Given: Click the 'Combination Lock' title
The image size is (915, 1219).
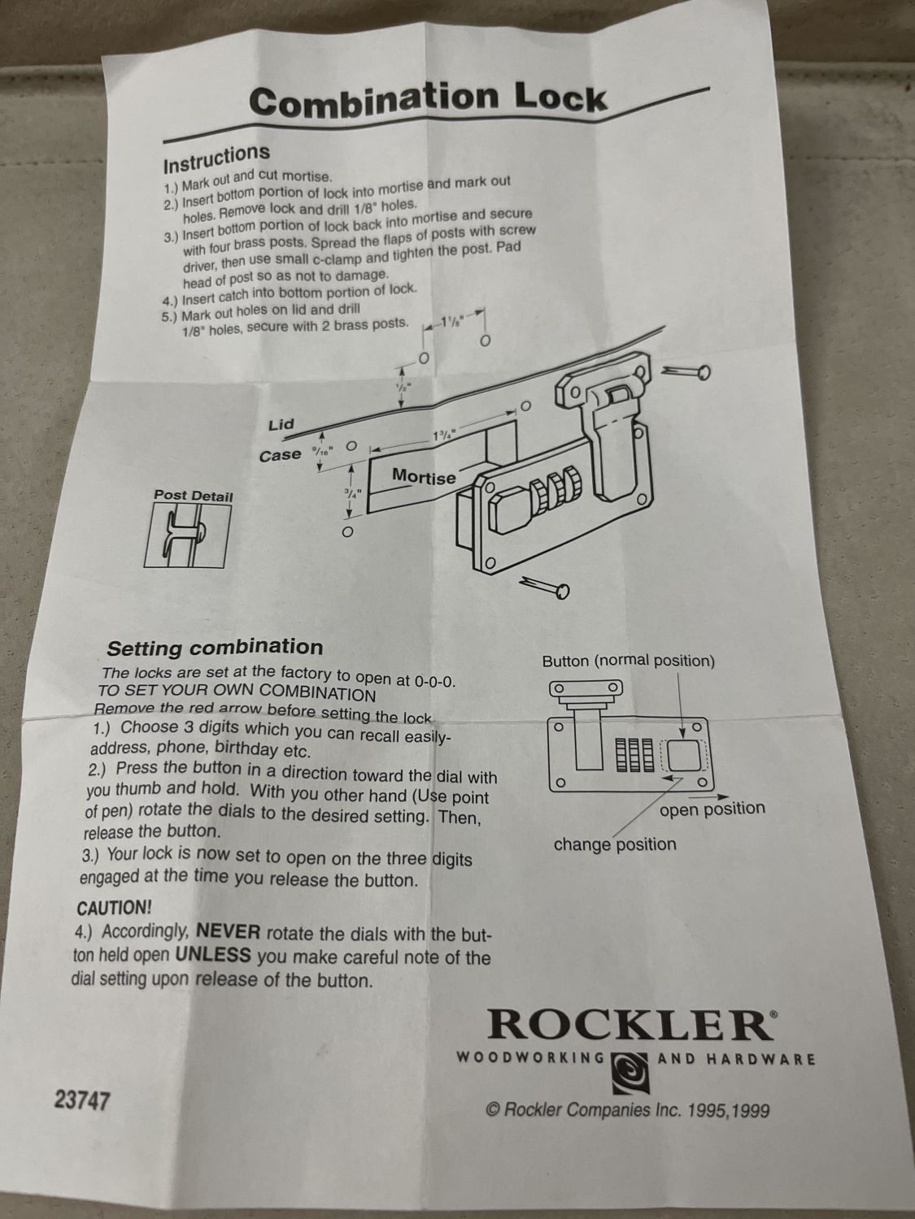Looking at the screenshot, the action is pyautogui.click(x=429, y=100).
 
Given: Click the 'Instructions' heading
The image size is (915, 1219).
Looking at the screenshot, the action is pyautogui.click(x=216, y=158).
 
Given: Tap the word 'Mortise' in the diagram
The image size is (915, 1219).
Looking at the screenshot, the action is pyautogui.click(x=424, y=477).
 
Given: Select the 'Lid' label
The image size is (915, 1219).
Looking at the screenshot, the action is pyautogui.click(x=281, y=425).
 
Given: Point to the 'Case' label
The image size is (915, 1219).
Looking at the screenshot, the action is pyautogui.click(x=280, y=455).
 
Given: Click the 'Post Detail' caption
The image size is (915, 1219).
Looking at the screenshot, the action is pyautogui.click(x=194, y=496).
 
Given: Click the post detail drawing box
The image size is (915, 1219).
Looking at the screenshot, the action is pyautogui.click(x=188, y=536).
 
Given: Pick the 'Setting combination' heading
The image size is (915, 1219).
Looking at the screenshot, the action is pyautogui.click(x=215, y=648).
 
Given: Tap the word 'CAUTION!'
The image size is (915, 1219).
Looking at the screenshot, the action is pyautogui.click(x=114, y=909).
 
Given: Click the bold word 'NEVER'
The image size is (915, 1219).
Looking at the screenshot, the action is pyautogui.click(x=229, y=931).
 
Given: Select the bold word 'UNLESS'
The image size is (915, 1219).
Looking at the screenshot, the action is pyautogui.click(x=213, y=955).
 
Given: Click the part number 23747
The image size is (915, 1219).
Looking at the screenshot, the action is pyautogui.click(x=82, y=1100).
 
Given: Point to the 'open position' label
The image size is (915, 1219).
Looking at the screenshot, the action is pyautogui.click(x=712, y=809).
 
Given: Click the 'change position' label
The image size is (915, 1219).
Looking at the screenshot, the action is pyautogui.click(x=615, y=844).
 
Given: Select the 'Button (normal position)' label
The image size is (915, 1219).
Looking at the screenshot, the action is pyautogui.click(x=629, y=661).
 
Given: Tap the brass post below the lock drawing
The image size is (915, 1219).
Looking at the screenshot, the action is pyautogui.click(x=544, y=587).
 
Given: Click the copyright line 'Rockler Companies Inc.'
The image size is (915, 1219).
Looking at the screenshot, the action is pyautogui.click(x=628, y=1111).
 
